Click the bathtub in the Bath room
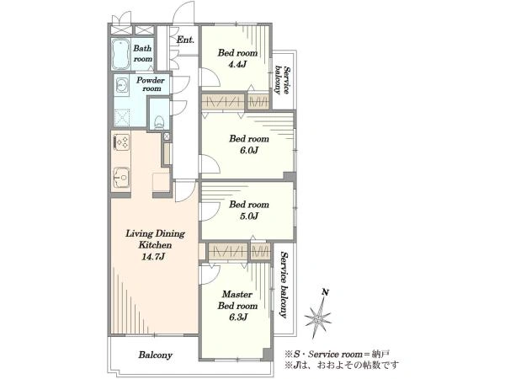coord(121,54)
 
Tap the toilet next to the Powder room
coord(159,122)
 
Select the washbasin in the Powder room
coord(122,85)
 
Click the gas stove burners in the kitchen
coord(122,142)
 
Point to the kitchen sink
coord(121,178)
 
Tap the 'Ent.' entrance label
coord(185,40)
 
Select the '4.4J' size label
coord(237,64)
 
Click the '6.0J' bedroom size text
coord(249,150)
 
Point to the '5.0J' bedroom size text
coord(249,216)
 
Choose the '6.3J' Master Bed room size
coord(238,318)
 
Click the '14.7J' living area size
coord(153,257)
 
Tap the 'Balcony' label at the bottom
coord(156,355)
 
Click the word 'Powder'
coord(151,80)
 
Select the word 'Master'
coord(237,294)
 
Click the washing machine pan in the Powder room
coord(122,118)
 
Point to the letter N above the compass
coord(326,292)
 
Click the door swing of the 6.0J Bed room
coord(210,164)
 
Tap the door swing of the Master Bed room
coord(210,275)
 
